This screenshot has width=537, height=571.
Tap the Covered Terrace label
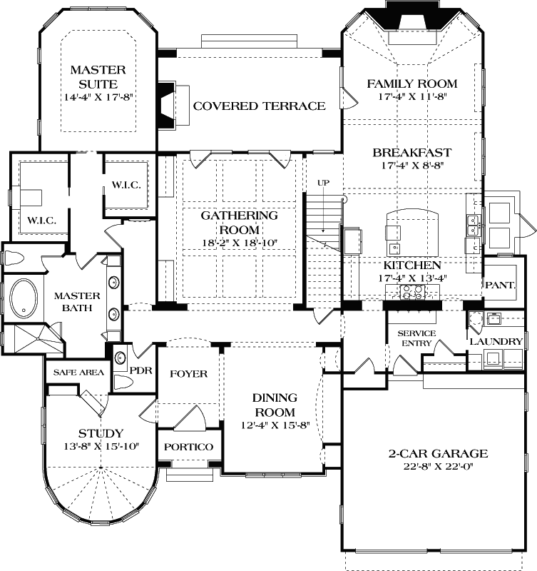click(x=259, y=106)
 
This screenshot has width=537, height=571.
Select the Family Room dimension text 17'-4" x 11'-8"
click(x=411, y=97)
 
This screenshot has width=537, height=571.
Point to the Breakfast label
click(x=411, y=152)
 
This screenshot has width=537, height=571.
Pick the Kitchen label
click(x=411, y=265)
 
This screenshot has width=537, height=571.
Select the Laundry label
click(x=496, y=342)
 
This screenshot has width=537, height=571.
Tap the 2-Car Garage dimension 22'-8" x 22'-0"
click(x=438, y=467)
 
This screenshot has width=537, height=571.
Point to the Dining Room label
click(x=275, y=405)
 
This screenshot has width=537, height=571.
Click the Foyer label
click(x=188, y=374)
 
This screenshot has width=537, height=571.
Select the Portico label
click(x=188, y=447)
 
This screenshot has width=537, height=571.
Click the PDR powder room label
click(x=138, y=370)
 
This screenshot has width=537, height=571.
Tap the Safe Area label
click(x=74, y=372)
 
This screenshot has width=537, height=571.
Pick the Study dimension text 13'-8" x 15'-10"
click(x=101, y=447)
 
